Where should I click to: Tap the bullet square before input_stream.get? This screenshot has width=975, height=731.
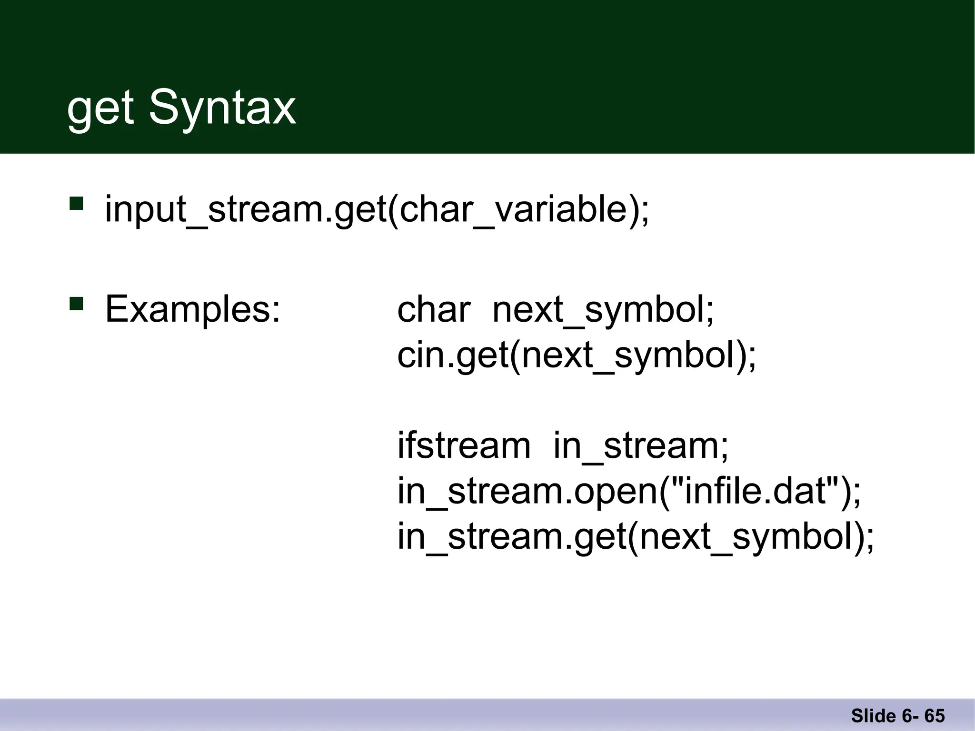[x=76, y=204]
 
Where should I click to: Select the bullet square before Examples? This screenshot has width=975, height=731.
[x=76, y=304]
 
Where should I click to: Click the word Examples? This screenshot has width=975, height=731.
[x=193, y=309]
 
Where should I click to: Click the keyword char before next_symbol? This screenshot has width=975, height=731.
[x=434, y=309]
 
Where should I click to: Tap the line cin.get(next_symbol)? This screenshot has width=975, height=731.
[x=577, y=356]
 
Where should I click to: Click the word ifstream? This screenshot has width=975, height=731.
[x=464, y=445]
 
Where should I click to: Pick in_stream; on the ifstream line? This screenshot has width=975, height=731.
[x=641, y=445]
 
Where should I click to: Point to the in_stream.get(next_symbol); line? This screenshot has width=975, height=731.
[x=636, y=537]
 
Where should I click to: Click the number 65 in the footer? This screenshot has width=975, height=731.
[x=935, y=716]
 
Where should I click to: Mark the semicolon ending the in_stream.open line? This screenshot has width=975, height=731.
[x=857, y=495]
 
